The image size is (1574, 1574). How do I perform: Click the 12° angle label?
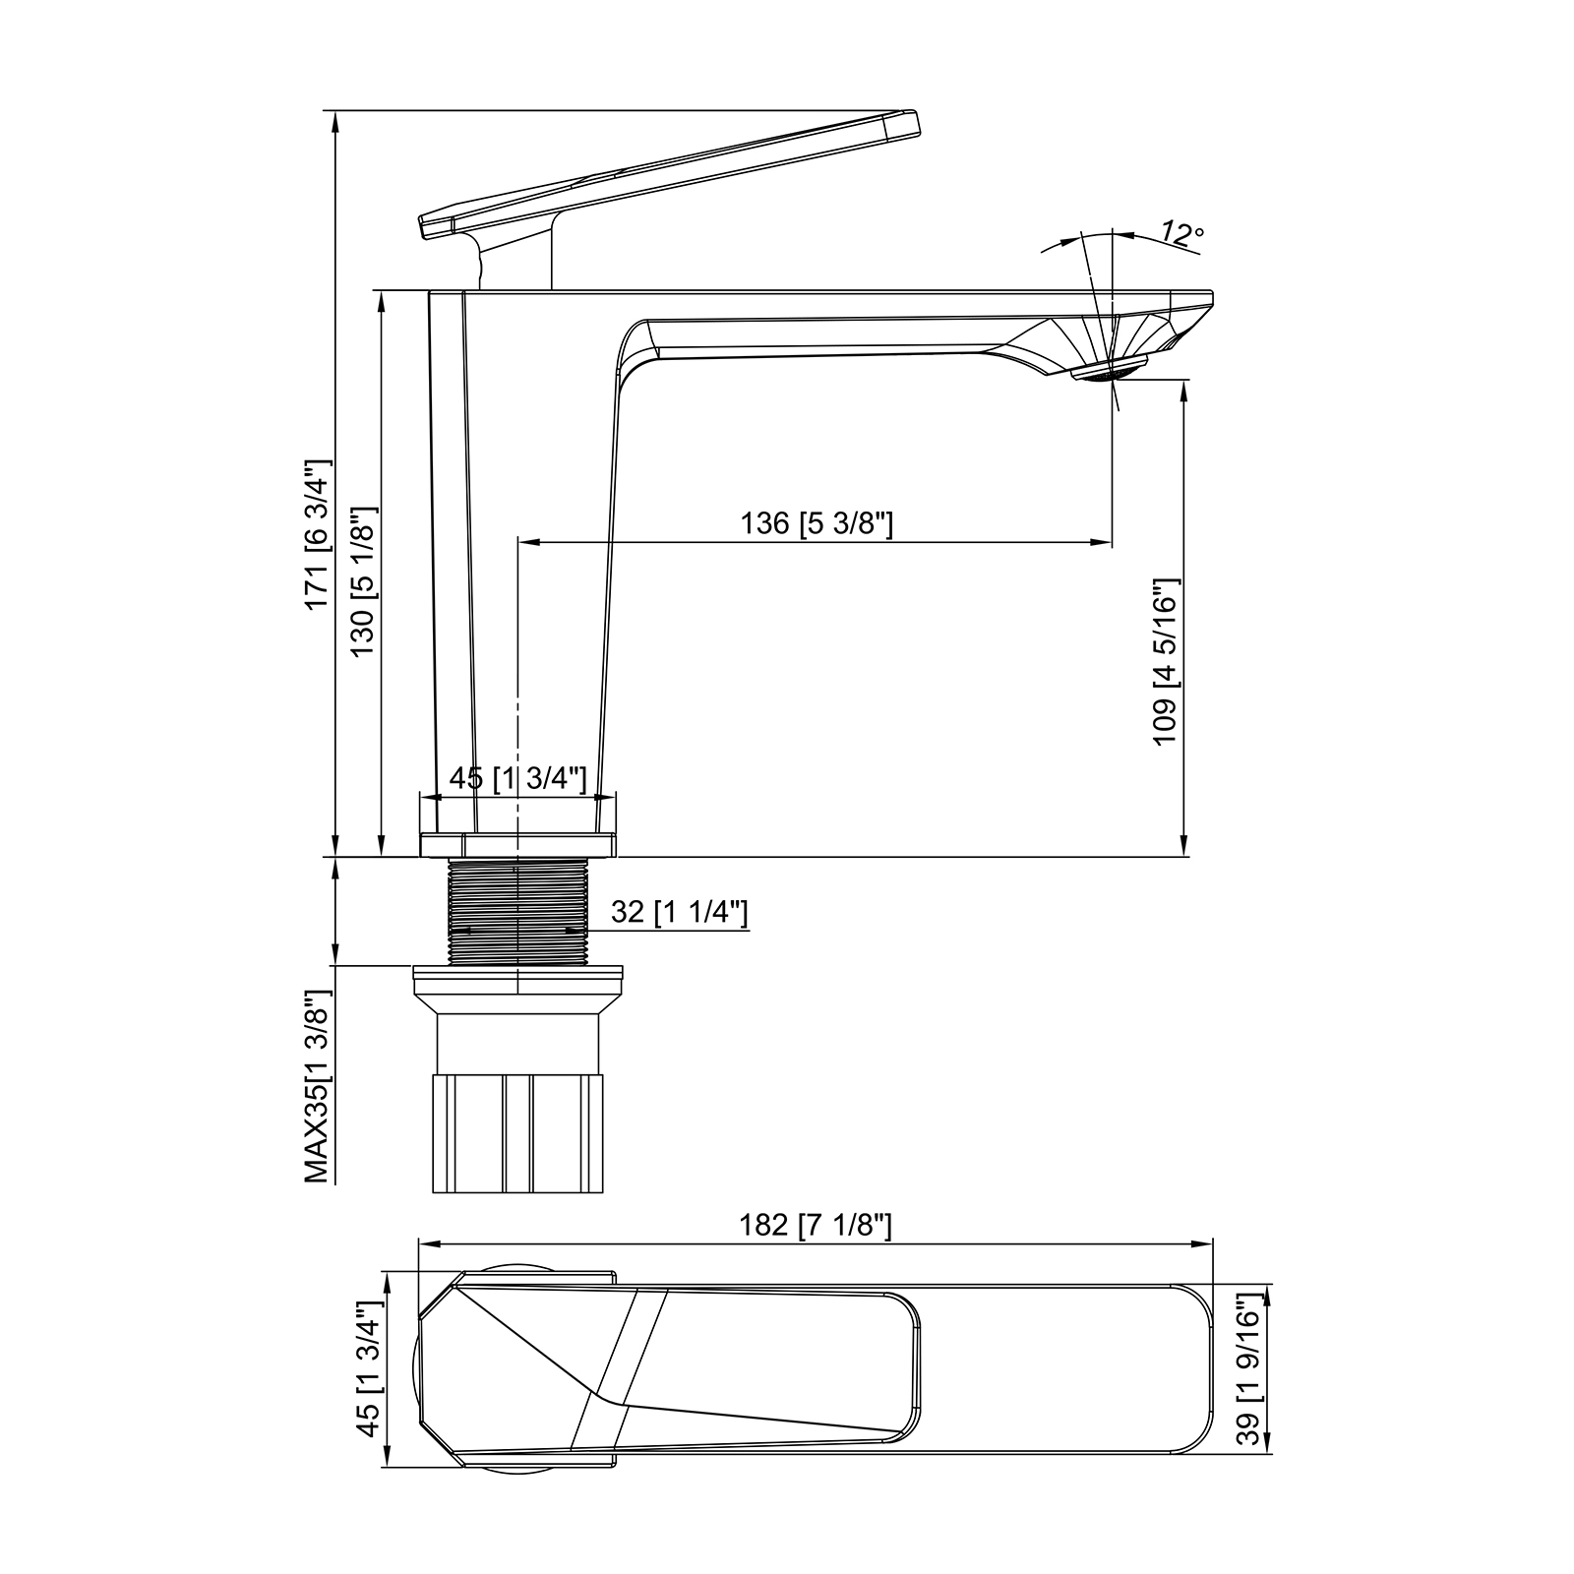coord(1181,233)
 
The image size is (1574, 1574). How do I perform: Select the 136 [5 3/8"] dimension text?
coord(817,522)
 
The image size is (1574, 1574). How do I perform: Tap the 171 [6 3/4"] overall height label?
coord(318,533)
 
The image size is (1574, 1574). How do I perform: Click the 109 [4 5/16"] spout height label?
coord(1165,661)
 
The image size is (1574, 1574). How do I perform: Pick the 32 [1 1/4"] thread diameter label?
coord(680,912)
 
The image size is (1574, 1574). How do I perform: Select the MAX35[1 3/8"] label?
coord(318,1085)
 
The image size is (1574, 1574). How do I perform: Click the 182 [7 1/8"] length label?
coord(816,1225)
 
